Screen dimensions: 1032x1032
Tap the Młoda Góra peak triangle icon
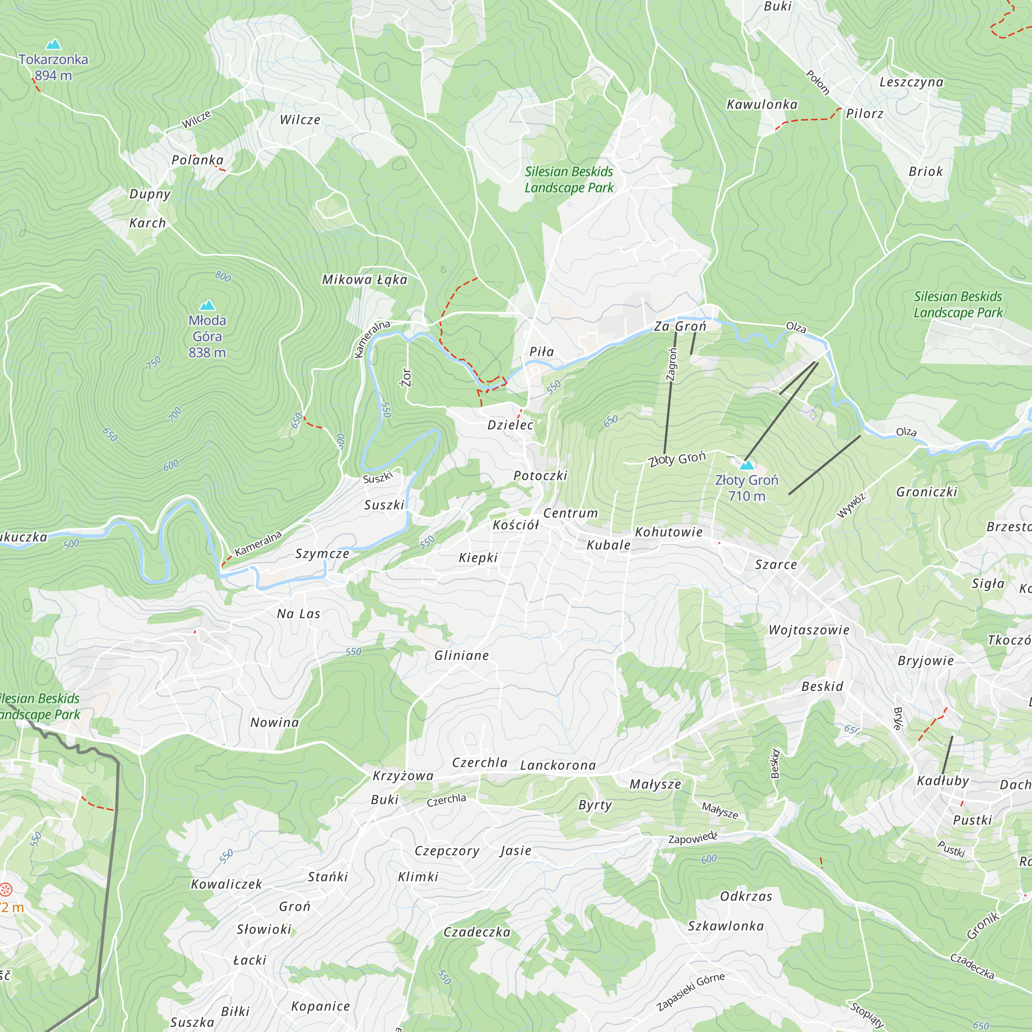(207, 305)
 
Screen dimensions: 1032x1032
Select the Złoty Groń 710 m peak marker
(746, 464)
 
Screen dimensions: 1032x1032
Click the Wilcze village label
(300, 120)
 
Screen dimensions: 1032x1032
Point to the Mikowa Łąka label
(364, 280)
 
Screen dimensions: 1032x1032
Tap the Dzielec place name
(510, 425)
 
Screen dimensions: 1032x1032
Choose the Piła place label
(541, 352)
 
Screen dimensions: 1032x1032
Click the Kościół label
(515, 525)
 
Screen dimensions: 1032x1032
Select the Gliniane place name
(461, 655)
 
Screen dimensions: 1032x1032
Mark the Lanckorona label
(558, 765)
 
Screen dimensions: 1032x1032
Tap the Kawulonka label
(762, 105)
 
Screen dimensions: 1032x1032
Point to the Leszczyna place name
(911, 82)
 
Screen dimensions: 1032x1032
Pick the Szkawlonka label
(725, 926)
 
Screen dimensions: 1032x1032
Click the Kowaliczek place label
(227, 884)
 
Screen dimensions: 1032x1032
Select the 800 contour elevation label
(223, 276)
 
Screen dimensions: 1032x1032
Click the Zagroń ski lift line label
(672, 364)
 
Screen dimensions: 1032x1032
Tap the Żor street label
(407, 377)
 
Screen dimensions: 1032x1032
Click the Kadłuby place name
(942, 781)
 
